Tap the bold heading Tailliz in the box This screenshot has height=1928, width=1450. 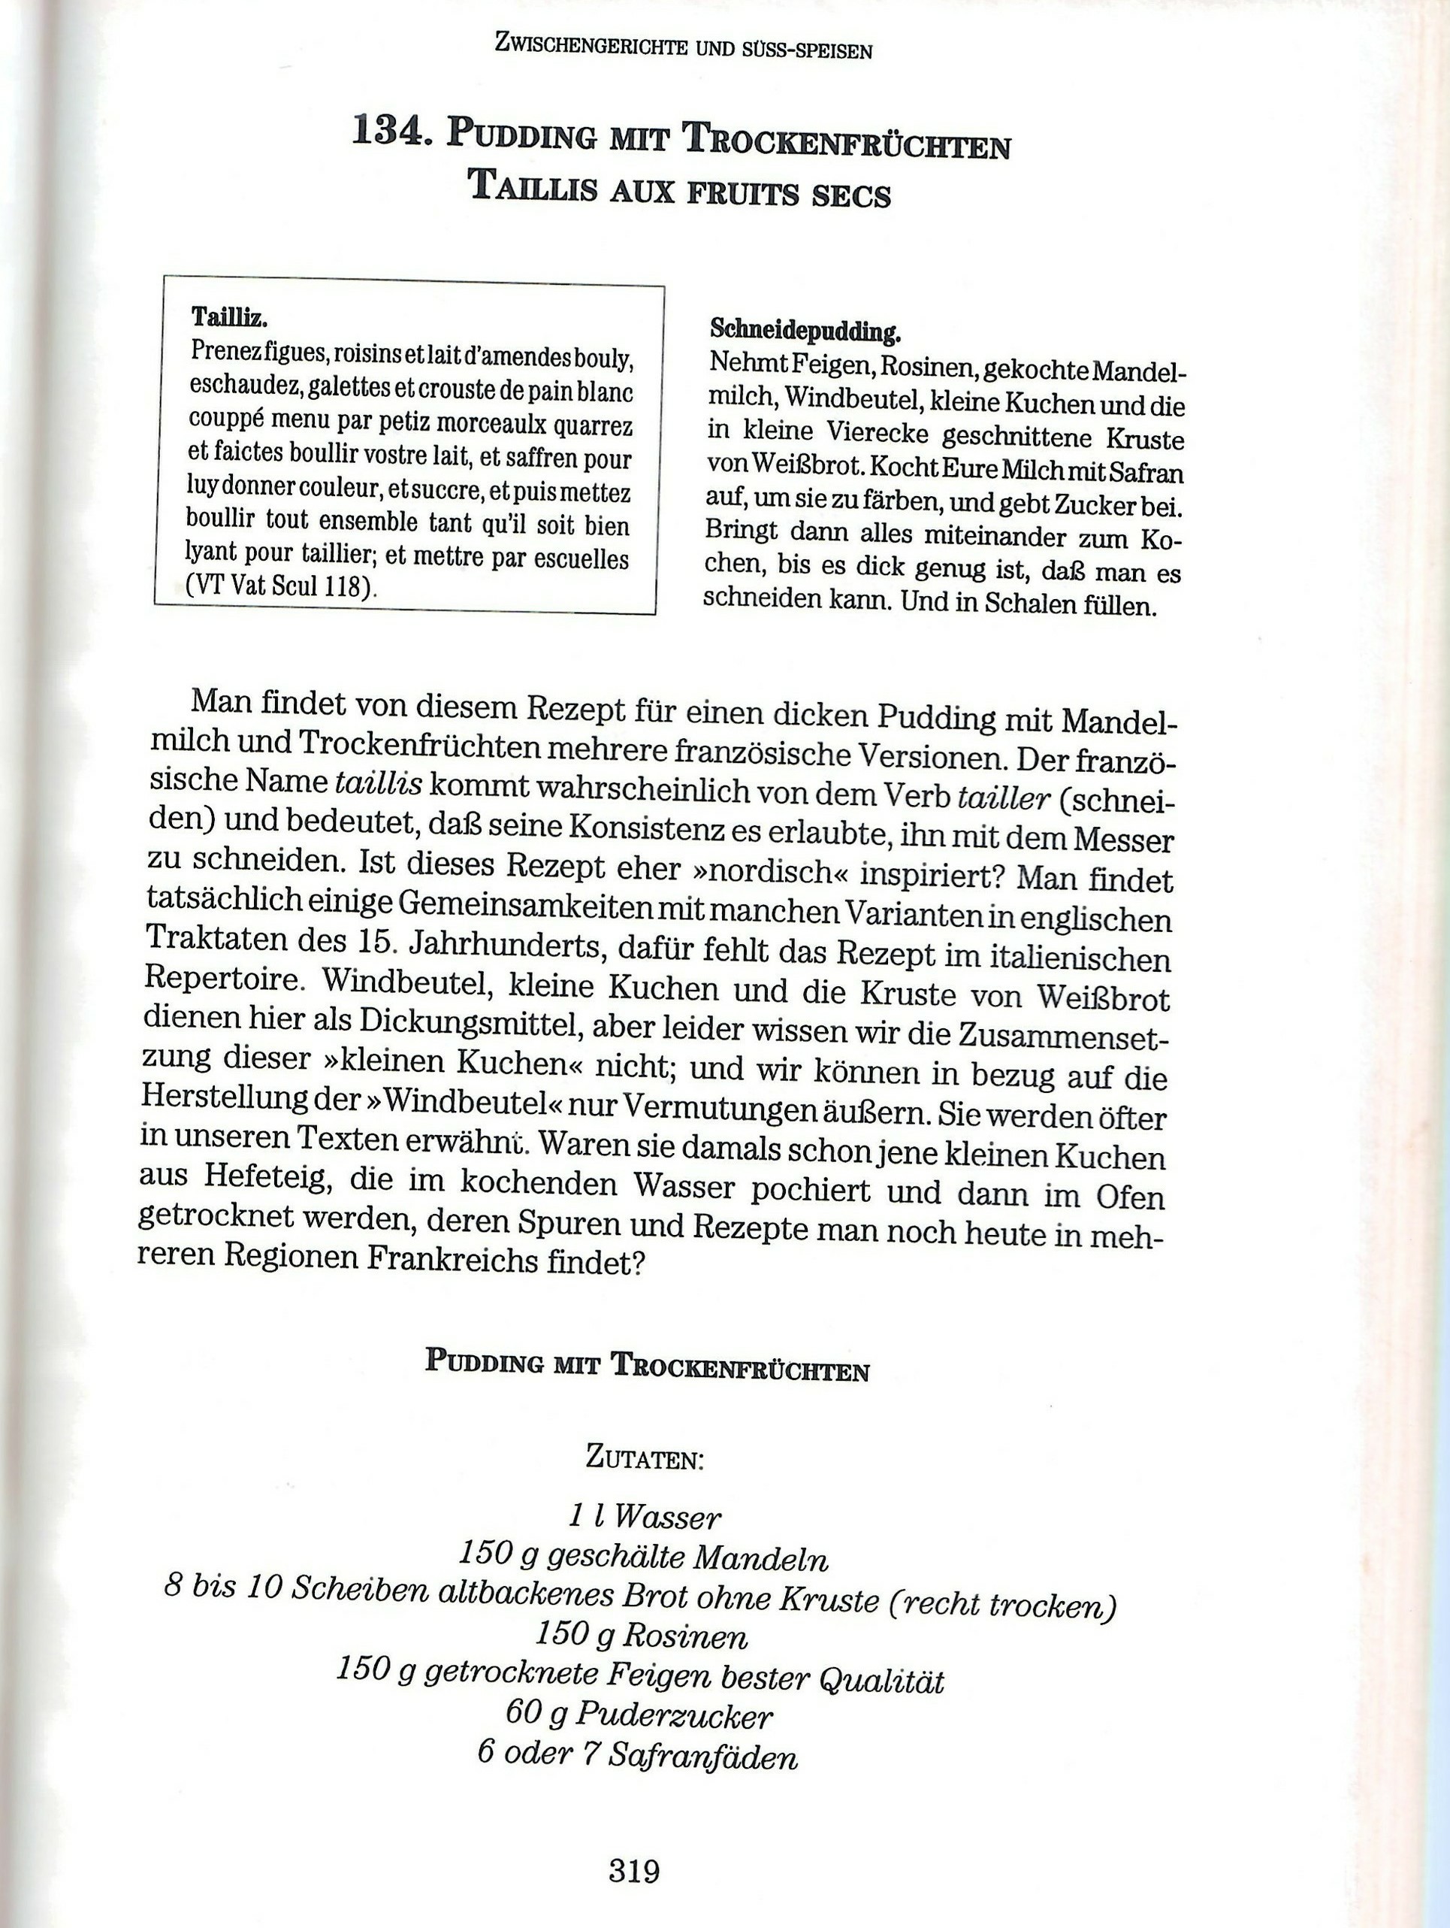(x=228, y=317)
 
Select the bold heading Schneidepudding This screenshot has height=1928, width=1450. (x=805, y=331)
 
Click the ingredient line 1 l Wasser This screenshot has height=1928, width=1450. (x=645, y=1518)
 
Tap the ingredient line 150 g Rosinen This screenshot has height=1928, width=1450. (x=642, y=1634)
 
